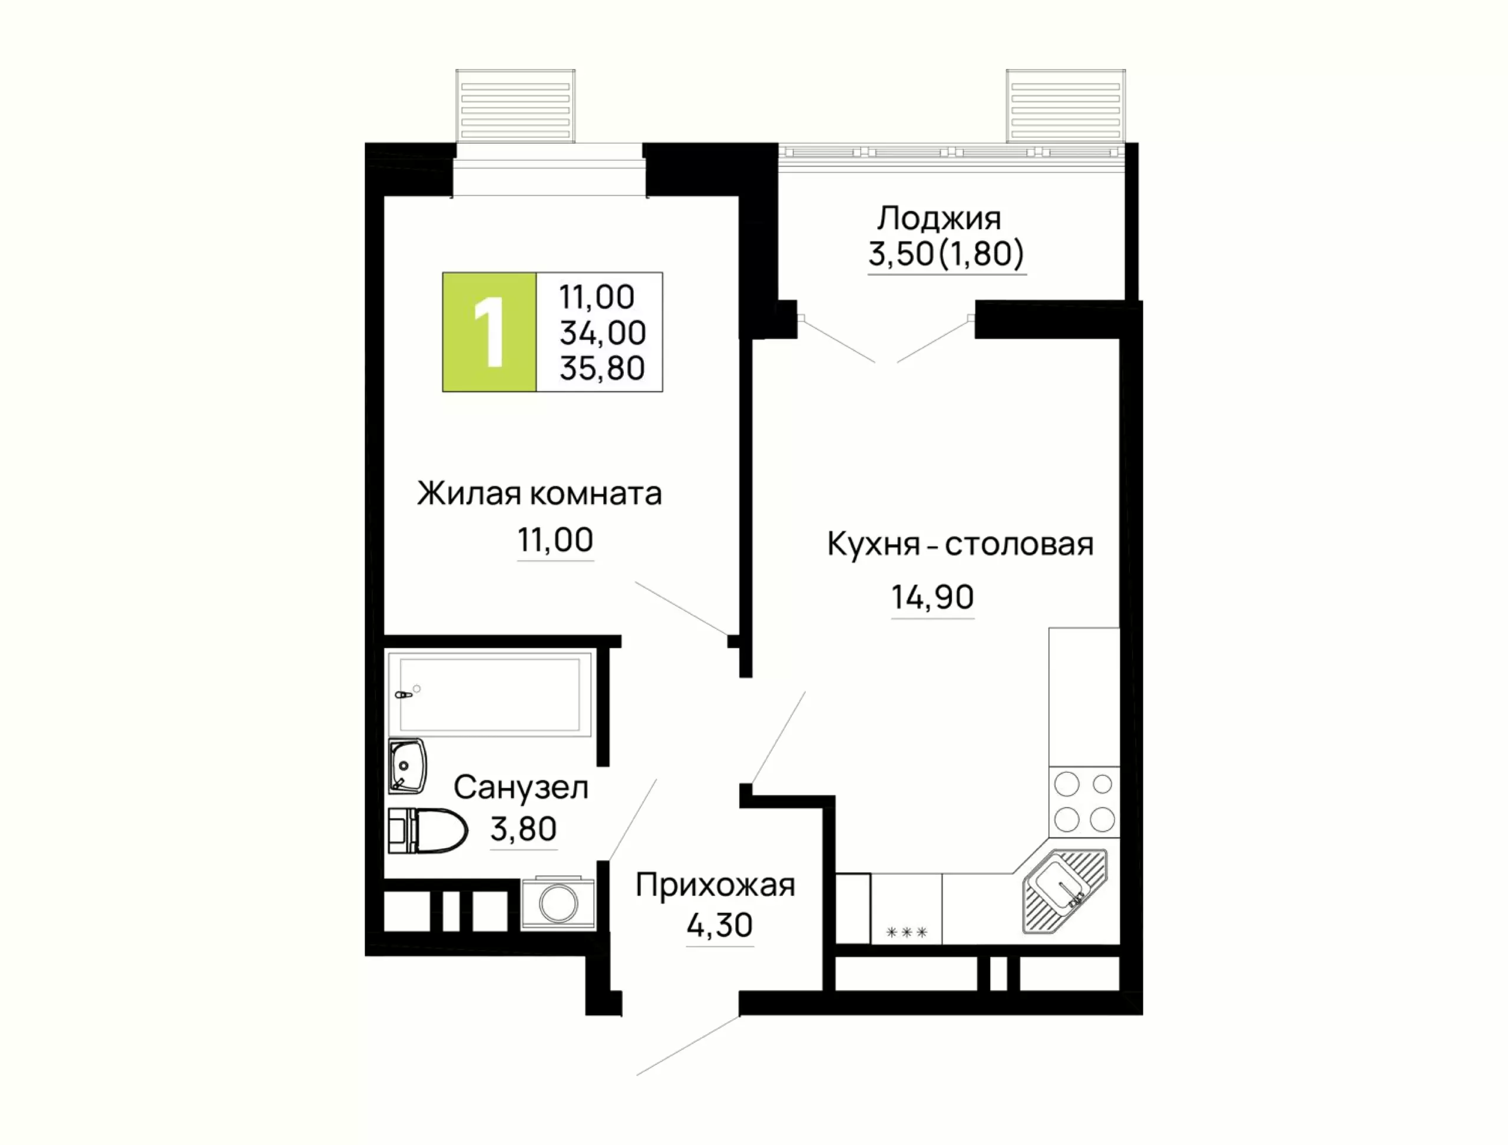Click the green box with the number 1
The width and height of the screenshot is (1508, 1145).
pos(489,332)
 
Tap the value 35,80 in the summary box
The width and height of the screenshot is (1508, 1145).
pos(602,368)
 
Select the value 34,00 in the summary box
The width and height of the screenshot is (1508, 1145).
pos(603,333)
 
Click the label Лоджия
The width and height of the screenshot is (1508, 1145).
pos(939,219)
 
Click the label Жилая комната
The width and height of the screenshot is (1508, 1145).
pos(539,494)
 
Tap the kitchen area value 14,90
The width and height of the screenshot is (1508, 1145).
pos(932,597)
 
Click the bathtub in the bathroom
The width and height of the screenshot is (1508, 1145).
pos(490,694)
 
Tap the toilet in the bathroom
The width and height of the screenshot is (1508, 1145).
pos(428,831)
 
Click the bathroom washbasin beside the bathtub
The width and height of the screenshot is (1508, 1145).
pos(407,767)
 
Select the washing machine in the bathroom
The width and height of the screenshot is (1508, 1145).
pos(558,902)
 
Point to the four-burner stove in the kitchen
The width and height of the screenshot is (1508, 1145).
pos(1084,802)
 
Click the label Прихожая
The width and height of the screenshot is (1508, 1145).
pos(715,886)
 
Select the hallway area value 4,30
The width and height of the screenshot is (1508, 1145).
pos(719,925)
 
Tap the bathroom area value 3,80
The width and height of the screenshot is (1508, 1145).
pos(523,829)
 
